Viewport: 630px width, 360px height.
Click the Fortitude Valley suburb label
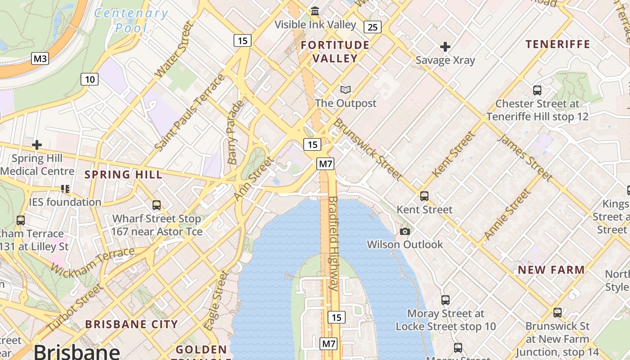tap(335, 51)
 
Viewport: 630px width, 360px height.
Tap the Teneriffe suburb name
tap(558, 44)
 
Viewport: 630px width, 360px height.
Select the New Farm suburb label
tap(551, 270)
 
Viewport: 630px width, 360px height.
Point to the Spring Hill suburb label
tap(123, 175)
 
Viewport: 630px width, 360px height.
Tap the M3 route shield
tap(40, 58)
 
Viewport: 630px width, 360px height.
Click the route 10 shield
tap(90, 80)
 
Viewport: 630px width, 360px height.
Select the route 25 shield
tap(373, 27)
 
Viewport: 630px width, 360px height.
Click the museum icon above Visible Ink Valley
tap(315, 11)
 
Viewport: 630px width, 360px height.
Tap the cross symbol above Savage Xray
tap(445, 46)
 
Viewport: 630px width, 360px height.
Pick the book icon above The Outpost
tap(345, 90)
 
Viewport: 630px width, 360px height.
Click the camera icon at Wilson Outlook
tap(405, 231)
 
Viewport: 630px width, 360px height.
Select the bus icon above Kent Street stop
tap(424, 196)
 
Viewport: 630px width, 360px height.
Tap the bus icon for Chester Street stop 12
tap(537, 90)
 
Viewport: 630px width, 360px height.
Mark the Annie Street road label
tap(507, 214)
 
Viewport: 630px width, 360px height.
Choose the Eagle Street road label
tap(216, 300)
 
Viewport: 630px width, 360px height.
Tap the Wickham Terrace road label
tap(93, 261)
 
